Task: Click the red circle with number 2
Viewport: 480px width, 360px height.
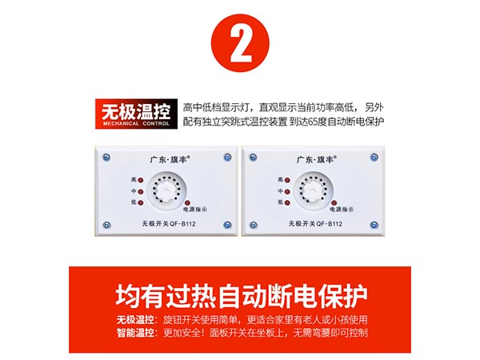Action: click(x=239, y=45)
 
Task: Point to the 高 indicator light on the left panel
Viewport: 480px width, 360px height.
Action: click(x=139, y=181)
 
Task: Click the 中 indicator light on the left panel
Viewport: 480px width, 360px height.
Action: click(x=139, y=192)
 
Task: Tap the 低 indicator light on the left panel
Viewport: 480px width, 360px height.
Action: click(x=139, y=204)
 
